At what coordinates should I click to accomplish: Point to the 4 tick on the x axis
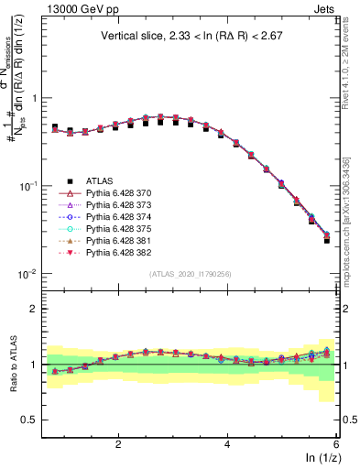pos(227,443)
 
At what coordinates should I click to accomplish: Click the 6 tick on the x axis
pos(336,443)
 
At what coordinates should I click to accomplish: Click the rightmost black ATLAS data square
pos(327,240)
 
